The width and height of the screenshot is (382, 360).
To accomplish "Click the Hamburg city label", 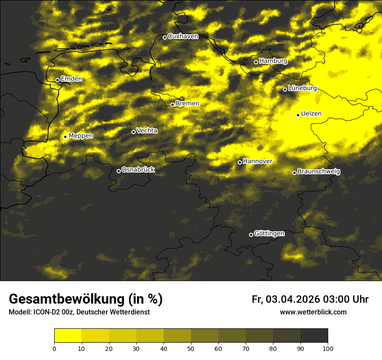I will point(273,61).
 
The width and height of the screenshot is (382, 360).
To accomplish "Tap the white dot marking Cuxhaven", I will point(165,37).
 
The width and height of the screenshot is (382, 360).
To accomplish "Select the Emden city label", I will point(71,79).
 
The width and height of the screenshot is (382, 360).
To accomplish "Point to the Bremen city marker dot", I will point(172,105).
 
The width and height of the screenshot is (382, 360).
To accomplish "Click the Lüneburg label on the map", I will point(302,88).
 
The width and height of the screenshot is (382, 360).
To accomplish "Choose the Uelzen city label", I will point(311,114).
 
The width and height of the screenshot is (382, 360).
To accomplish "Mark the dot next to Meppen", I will point(65,137).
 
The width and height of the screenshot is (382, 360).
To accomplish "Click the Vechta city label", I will point(147,131).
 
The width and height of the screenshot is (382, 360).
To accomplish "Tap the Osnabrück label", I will point(138,170).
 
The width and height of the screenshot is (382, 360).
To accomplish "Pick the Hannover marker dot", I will point(240,162).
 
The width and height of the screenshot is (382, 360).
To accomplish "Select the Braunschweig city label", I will point(319,171).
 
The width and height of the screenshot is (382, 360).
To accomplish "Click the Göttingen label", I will point(269,233).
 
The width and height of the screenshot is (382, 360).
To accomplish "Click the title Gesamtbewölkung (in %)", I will point(86,299).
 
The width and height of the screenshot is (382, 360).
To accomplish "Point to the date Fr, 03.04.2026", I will point(286,299).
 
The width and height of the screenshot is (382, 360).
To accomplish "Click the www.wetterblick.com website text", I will point(313,312).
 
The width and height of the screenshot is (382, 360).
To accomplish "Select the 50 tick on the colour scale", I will point(191,348).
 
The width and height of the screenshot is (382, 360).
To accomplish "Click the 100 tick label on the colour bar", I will point(328,348).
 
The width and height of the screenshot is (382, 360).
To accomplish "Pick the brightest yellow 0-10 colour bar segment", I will point(68,335).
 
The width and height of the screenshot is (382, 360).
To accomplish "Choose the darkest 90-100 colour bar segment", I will point(314,335).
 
